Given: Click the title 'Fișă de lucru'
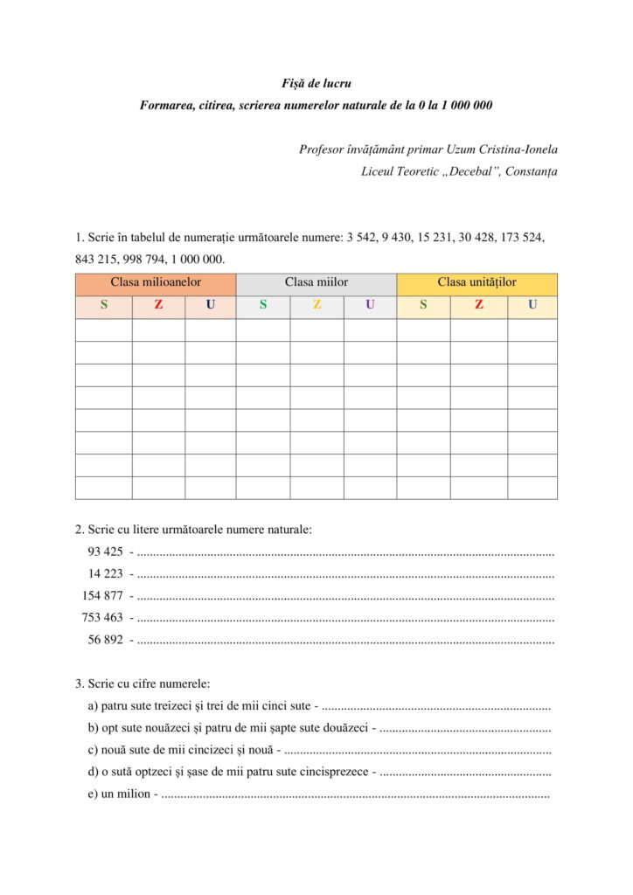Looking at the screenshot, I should [x=316, y=84].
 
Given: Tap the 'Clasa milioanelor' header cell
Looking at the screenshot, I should [x=156, y=283].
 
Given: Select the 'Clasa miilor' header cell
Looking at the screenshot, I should [x=316, y=283].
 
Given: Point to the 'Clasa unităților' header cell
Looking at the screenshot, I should [x=476, y=283].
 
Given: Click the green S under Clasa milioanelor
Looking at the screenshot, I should [x=104, y=305].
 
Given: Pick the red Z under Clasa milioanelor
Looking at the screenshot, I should [x=158, y=305].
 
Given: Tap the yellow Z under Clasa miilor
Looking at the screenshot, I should [x=316, y=305].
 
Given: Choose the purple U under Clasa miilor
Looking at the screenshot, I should [x=370, y=305].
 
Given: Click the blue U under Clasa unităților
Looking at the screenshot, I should [x=532, y=305].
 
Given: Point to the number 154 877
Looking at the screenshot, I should [x=102, y=596].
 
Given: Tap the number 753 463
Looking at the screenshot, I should [x=102, y=618].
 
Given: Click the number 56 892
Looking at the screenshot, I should [x=105, y=640].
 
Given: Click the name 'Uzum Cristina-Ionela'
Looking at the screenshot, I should [x=502, y=149].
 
